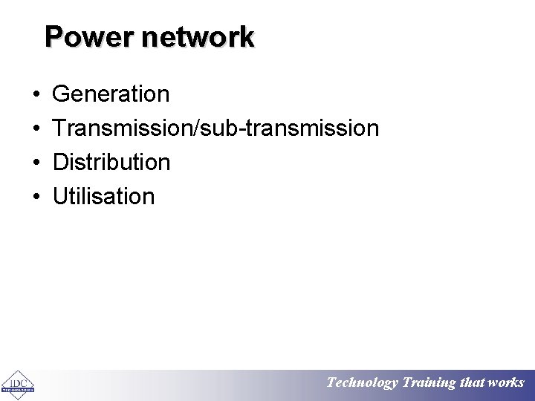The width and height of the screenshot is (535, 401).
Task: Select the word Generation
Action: coord(111,94)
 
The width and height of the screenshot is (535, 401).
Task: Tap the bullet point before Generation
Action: coord(36,95)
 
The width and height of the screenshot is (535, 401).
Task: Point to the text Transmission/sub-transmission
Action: coord(215,128)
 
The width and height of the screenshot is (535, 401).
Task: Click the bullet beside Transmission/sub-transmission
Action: coord(36,129)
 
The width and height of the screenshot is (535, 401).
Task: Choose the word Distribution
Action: coord(111,162)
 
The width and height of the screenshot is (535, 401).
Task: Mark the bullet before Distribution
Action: coord(36,163)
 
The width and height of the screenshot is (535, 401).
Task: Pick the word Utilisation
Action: coord(104,196)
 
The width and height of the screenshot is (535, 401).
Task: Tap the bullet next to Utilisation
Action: coord(36,198)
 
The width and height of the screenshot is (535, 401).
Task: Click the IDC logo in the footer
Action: coord(18,383)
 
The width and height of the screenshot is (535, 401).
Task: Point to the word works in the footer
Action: coord(507,383)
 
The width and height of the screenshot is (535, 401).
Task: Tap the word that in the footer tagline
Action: coord(473,383)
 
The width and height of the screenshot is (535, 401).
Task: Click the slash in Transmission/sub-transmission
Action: coord(195,128)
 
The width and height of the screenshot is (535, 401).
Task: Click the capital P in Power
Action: coord(53,36)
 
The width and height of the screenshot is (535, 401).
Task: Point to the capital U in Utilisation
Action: coord(60,196)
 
